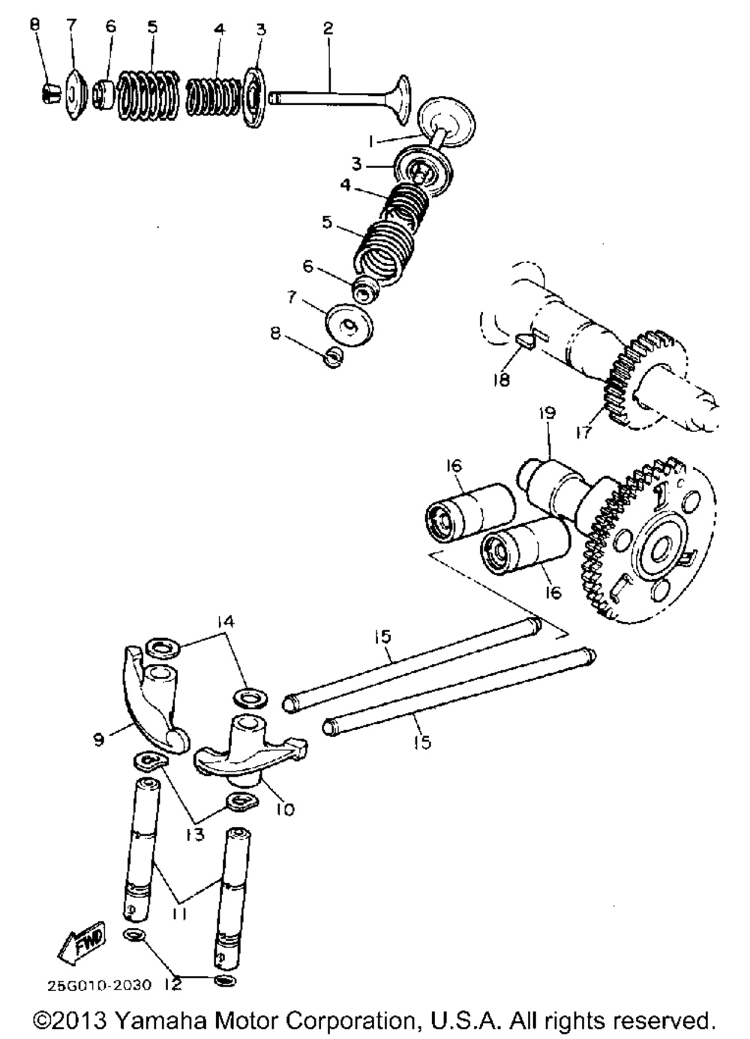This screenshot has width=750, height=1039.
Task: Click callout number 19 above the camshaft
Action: click(x=547, y=413)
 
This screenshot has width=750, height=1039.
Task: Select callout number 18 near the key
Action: click(x=501, y=379)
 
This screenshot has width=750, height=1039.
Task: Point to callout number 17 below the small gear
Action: click(x=584, y=431)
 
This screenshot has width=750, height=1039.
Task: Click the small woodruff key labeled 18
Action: click(x=526, y=341)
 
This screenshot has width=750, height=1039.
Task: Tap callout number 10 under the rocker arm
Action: click(x=285, y=809)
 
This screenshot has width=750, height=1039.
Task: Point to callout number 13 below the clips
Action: click(x=195, y=834)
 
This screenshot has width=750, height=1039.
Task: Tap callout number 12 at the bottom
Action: click(x=172, y=984)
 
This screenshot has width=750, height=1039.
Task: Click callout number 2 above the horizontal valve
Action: click(x=328, y=28)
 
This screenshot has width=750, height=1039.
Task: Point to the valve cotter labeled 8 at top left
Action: click(x=49, y=94)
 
